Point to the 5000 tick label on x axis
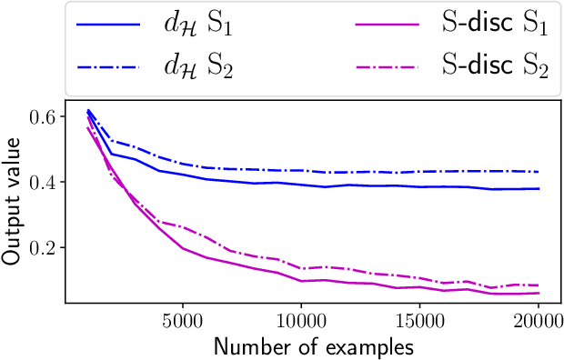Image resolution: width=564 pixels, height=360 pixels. click(183, 323)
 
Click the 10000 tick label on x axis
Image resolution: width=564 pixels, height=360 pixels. click(301, 323)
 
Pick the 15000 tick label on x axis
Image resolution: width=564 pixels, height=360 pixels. click(419, 323)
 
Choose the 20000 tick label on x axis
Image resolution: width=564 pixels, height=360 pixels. click(538, 323)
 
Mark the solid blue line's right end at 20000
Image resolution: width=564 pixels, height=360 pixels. click(539, 189)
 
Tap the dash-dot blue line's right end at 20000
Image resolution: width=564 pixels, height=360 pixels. click(539, 172)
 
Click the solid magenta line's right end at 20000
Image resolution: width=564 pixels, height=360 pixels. click(539, 293)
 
